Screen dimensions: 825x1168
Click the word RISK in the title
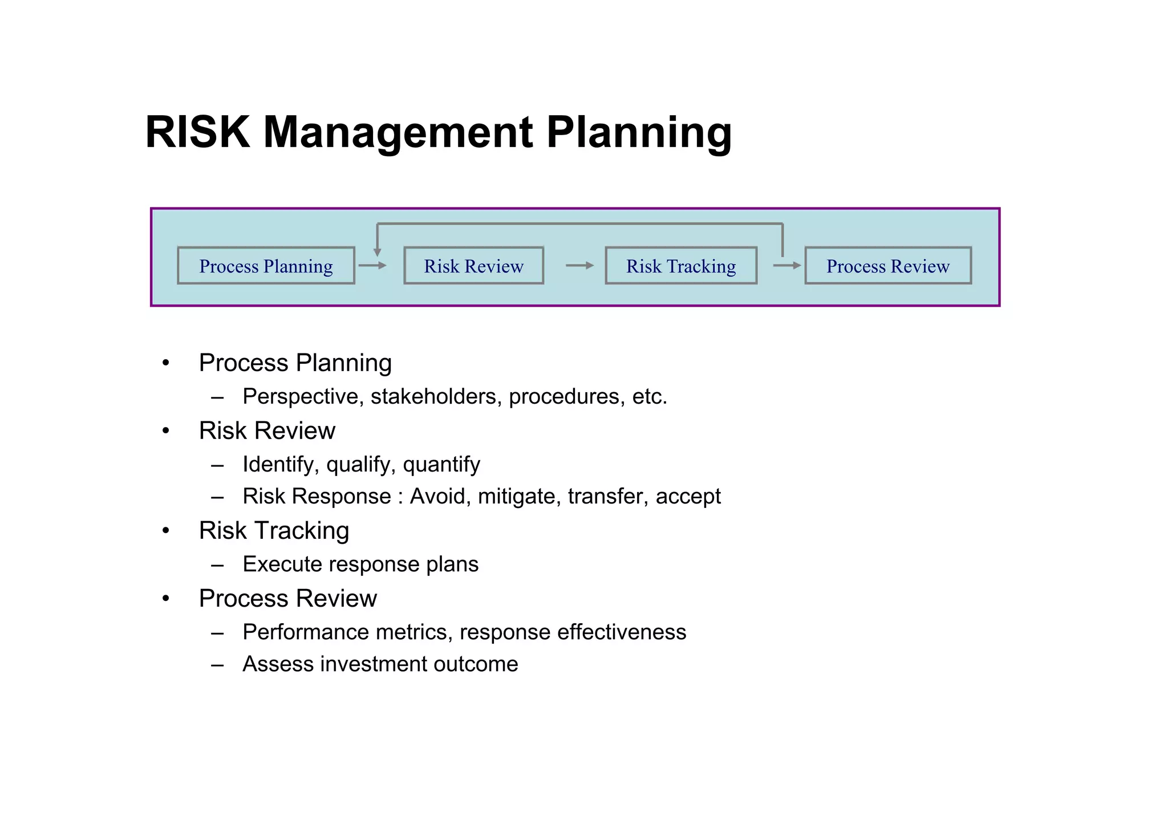pos(197,132)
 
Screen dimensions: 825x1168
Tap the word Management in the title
pos(398,132)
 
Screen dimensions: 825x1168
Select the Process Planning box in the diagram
pos(266,266)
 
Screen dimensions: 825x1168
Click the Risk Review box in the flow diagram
pos(473,266)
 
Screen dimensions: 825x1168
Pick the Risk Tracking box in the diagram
pos(681,266)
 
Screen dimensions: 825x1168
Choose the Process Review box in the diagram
pos(888,266)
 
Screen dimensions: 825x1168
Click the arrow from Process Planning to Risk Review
pos(372,265)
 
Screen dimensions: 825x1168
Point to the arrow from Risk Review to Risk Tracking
pos(579,265)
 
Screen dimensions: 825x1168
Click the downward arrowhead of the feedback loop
pos(377,251)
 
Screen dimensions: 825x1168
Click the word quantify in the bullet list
pos(441,465)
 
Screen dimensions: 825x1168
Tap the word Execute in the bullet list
pos(282,564)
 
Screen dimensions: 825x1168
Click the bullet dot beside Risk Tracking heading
pos(166,531)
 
